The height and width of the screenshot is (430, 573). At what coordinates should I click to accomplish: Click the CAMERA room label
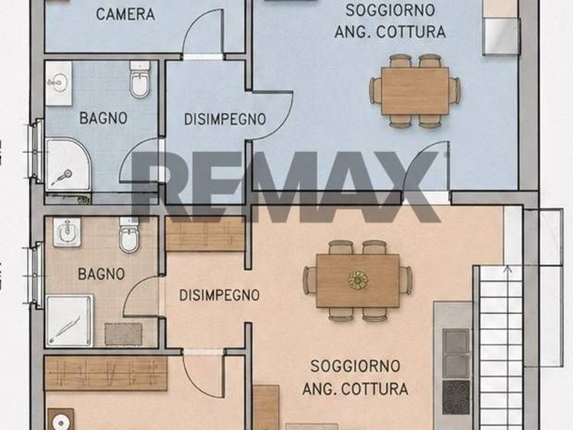pyautogui.click(x=125, y=14)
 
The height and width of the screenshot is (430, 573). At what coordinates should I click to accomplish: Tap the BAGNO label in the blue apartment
pyautogui.click(x=103, y=118)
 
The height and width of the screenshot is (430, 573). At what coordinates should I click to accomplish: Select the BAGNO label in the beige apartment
pyautogui.click(x=101, y=274)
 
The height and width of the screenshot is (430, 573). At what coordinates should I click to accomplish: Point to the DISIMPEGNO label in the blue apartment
pyautogui.click(x=225, y=119)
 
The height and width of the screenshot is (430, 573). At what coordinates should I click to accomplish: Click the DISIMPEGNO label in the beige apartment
pyautogui.click(x=219, y=295)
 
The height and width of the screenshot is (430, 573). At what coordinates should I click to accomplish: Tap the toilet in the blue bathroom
pyautogui.click(x=140, y=80)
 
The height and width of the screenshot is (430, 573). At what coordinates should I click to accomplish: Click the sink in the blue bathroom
pyautogui.click(x=59, y=83)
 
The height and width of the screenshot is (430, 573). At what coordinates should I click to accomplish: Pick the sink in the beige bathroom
pyautogui.click(x=67, y=232)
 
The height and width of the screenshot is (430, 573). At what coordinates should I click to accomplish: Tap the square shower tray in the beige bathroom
pyautogui.click(x=69, y=321)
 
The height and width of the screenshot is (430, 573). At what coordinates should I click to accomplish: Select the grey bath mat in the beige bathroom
pyautogui.click(x=123, y=334)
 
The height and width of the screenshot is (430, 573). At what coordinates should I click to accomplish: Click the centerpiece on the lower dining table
pyautogui.click(x=358, y=280)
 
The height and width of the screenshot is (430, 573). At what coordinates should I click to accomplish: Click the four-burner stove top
pyautogui.click(x=456, y=397)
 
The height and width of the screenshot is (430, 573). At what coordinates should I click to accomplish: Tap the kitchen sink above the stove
pyautogui.click(x=456, y=353)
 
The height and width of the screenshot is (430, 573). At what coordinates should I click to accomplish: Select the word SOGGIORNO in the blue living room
pyautogui.click(x=390, y=10)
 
